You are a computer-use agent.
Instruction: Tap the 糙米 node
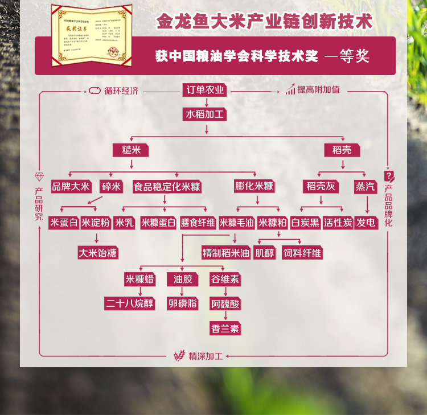[131, 150]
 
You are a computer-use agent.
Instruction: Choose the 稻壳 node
[342, 150]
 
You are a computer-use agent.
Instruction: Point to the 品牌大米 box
[71, 186]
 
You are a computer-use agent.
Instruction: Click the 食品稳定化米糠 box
[167, 186]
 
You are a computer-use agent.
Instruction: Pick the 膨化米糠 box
[254, 186]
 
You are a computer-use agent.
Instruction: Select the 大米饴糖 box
[98, 252]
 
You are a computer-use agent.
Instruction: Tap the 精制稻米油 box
[226, 252]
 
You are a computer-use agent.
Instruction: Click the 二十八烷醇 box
[130, 303]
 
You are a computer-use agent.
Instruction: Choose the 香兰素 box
[225, 329]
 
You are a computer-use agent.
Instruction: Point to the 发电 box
[366, 223]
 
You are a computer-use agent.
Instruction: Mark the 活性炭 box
[338, 223]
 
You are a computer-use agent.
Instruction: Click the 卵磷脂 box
[182, 303]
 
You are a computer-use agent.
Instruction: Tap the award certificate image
[91, 34]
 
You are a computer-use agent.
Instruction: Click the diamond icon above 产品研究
[39, 176]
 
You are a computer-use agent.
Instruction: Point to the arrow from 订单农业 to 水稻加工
[206, 102]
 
